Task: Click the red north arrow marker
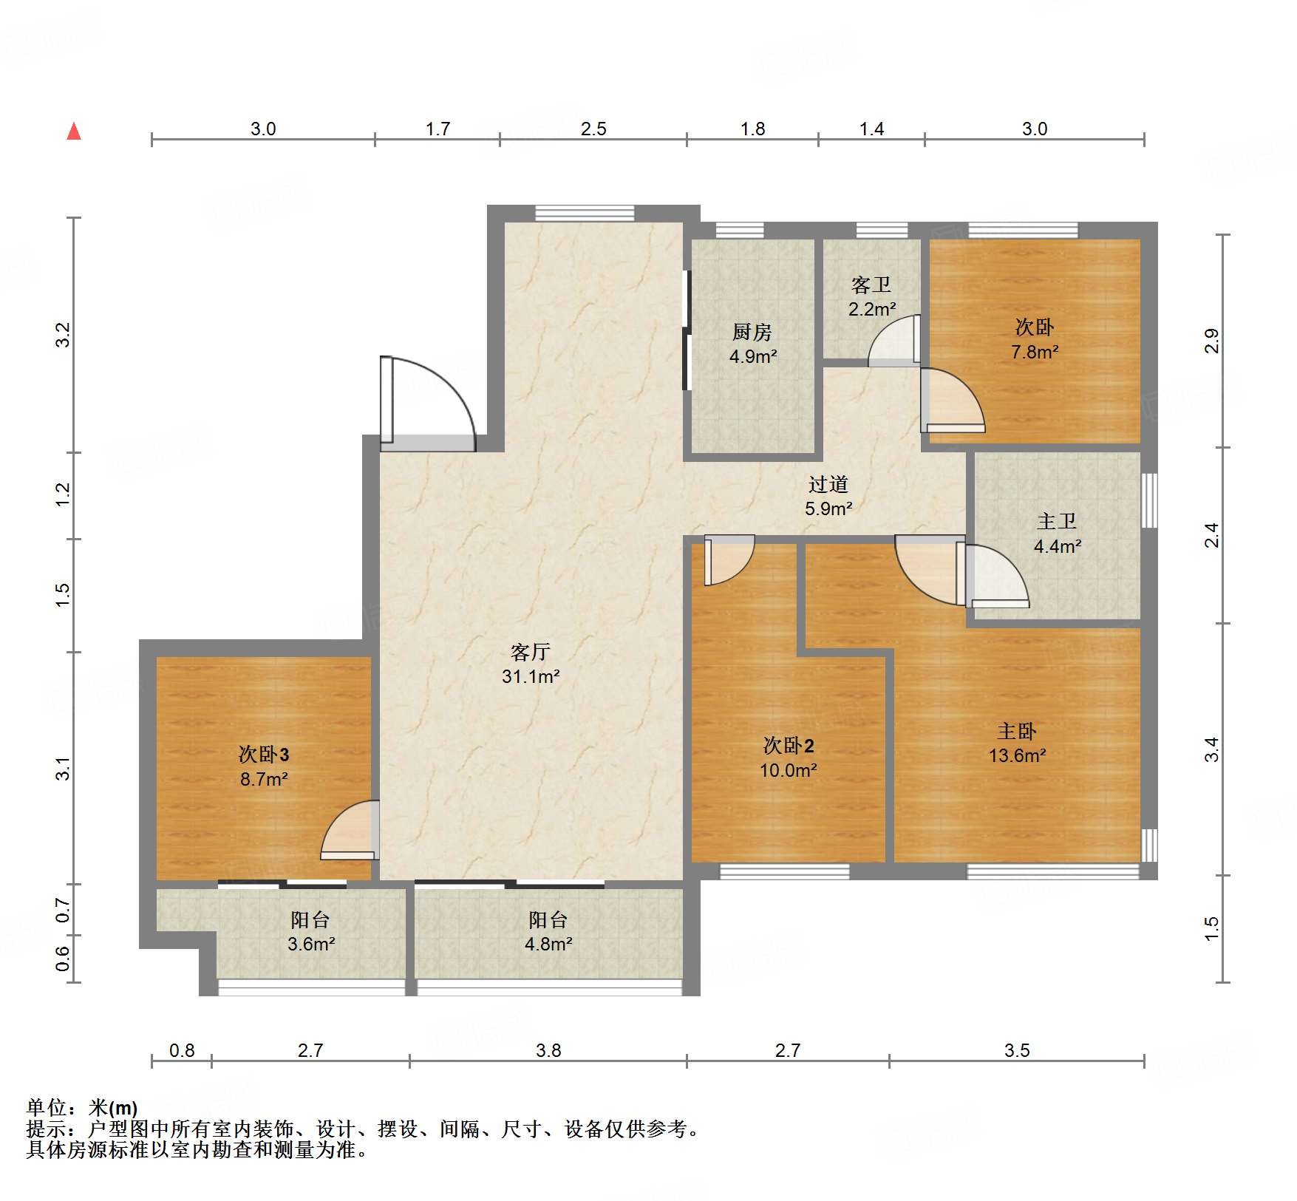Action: (x=74, y=131)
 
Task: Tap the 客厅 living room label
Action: (x=531, y=652)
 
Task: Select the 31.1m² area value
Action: (x=531, y=676)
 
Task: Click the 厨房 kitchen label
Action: (x=752, y=332)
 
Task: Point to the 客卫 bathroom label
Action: (x=871, y=285)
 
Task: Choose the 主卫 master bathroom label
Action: (x=1057, y=521)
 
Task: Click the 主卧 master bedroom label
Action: (x=1017, y=731)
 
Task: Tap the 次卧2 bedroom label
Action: (x=789, y=745)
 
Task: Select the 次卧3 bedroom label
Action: (x=264, y=754)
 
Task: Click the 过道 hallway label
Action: (x=828, y=484)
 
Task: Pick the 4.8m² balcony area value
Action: (x=548, y=944)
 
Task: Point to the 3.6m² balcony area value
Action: (x=311, y=944)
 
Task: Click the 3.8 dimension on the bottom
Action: (x=548, y=1050)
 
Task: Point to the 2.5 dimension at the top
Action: (x=593, y=129)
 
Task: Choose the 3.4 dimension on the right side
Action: (x=1212, y=749)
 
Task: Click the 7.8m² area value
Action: (x=1035, y=352)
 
